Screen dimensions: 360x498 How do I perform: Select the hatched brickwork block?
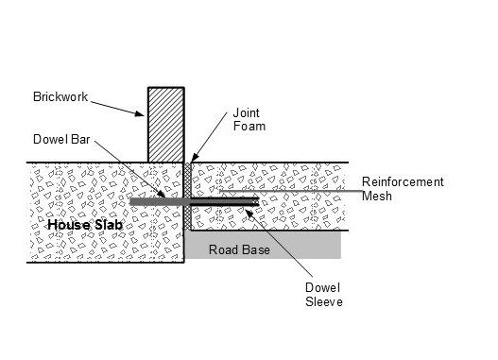coord(164,124)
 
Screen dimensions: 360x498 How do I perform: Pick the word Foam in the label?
coord(247,128)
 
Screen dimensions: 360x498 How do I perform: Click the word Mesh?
coord(378,197)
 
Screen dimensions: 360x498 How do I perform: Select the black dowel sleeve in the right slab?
coord(227,201)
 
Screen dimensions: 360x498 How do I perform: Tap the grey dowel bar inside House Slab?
coord(151,201)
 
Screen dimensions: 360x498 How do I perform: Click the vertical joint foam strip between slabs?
coord(187,198)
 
